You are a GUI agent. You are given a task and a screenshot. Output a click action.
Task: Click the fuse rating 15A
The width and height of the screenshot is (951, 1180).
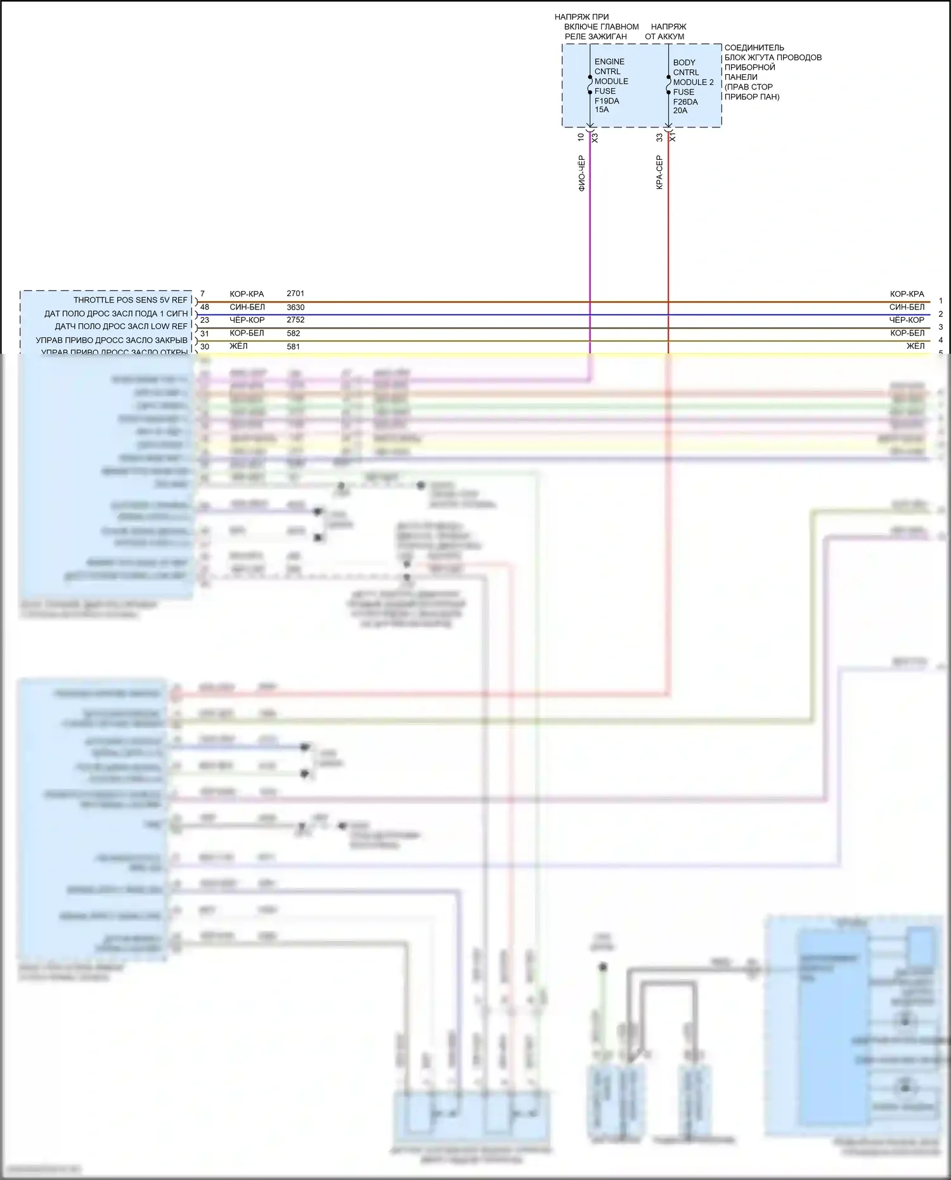(x=602, y=110)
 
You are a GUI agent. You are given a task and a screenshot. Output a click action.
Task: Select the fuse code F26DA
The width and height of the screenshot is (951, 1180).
(x=685, y=101)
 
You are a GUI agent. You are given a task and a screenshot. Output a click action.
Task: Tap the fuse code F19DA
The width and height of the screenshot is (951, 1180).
(x=607, y=101)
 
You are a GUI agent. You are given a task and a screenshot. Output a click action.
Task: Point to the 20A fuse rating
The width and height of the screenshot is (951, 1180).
(x=680, y=110)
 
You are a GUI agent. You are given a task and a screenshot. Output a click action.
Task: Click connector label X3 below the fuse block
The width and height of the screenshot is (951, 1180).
(x=595, y=137)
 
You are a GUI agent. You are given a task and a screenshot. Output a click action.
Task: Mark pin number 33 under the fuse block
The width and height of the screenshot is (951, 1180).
(x=659, y=137)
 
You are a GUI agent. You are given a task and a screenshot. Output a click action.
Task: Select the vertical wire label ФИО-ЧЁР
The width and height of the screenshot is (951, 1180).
(x=582, y=173)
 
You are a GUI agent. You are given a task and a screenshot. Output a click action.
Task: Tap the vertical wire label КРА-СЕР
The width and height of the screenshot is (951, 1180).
(x=659, y=172)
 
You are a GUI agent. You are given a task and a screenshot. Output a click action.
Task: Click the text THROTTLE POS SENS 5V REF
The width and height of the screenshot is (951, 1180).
(x=131, y=300)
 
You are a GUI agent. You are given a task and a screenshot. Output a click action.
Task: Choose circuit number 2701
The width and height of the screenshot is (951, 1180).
(x=295, y=294)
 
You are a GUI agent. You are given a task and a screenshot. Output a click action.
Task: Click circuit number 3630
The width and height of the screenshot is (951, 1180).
(x=295, y=307)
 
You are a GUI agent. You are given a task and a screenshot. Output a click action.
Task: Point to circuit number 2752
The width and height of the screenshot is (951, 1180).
(x=295, y=320)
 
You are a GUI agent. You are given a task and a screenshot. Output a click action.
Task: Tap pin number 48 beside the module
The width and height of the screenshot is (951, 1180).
(x=204, y=307)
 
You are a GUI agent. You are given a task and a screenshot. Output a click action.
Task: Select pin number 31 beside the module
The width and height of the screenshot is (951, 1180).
(x=204, y=333)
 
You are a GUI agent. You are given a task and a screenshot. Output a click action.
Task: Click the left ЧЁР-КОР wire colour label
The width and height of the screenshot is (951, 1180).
(x=247, y=320)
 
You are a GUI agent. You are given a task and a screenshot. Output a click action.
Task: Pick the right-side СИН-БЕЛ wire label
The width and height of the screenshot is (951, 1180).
(x=907, y=307)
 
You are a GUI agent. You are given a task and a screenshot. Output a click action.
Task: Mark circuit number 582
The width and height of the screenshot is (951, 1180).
(x=294, y=333)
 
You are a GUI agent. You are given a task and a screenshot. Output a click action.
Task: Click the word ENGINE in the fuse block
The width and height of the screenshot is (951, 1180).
(x=609, y=62)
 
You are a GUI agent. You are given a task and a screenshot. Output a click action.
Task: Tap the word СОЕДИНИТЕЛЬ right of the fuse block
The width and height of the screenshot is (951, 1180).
(x=754, y=48)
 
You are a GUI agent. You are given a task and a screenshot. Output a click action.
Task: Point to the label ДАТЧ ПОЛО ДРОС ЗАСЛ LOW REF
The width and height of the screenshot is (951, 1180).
(x=121, y=327)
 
